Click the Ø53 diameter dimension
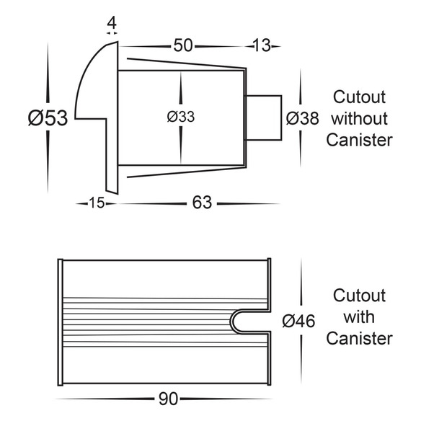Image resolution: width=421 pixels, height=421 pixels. (48, 118)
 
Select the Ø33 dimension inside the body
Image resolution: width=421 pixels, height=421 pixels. (181, 117)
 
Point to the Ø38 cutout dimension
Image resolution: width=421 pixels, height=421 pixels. (302, 118)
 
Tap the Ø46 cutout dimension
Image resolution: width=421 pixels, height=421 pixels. (298, 321)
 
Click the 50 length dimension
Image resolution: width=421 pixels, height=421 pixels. (183, 45)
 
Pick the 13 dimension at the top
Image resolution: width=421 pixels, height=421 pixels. (262, 45)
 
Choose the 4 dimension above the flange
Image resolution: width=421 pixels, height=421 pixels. (112, 23)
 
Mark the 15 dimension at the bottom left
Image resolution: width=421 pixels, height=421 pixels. (97, 203)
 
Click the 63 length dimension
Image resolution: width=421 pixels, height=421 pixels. (202, 203)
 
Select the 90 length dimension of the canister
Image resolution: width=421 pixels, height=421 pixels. (168, 399)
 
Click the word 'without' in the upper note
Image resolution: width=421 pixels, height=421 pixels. (359, 118)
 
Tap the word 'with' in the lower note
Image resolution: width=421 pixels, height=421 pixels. (359, 317)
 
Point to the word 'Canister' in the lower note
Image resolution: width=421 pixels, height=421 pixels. (359, 338)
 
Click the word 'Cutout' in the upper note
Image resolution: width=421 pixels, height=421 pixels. (359, 97)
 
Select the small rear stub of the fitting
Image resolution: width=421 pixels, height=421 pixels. (264, 118)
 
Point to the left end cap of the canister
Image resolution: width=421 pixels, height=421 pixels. (60, 322)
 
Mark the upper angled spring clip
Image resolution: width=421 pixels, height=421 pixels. (187, 63)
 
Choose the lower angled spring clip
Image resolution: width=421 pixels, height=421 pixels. (187, 172)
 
